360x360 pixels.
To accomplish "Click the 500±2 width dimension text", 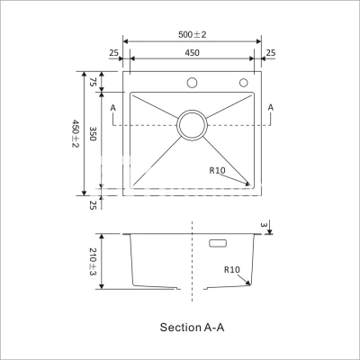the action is click(x=193, y=34).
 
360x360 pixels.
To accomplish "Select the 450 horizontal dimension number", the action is click(x=192, y=53).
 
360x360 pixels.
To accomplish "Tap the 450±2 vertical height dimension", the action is click(x=75, y=133).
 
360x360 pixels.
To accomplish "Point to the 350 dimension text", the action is click(x=93, y=133).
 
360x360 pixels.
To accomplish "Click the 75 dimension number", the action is click(x=93, y=82).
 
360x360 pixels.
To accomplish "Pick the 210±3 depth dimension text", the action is click(x=93, y=262).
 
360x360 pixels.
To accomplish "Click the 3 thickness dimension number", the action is click(x=264, y=225).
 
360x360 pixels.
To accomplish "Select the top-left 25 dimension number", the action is click(x=113, y=53).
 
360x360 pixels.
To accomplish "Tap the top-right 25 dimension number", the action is click(x=271, y=53).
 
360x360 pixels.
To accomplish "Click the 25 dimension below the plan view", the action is click(x=93, y=205).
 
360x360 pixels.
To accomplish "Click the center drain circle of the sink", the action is click(x=192, y=125).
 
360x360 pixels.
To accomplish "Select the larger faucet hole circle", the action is click(x=192, y=83).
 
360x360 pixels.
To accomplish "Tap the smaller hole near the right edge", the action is click(x=243, y=83).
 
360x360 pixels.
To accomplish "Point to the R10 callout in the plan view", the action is click(x=217, y=170).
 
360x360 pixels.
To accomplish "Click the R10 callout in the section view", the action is click(x=232, y=270).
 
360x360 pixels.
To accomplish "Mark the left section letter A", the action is click(x=113, y=108).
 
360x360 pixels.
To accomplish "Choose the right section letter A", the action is click(x=271, y=107).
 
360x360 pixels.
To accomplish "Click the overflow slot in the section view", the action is click(x=218, y=243).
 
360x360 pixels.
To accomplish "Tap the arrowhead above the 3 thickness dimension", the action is click(x=269, y=231).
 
